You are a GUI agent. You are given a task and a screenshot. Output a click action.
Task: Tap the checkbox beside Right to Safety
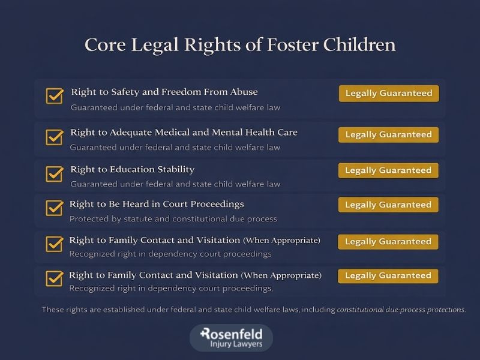(x=55, y=96)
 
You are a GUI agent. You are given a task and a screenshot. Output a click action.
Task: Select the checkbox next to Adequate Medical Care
(x=55, y=137)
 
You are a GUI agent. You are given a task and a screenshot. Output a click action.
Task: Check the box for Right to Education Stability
(x=55, y=173)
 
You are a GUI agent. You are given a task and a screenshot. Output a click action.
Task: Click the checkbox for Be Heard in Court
(x=55, y=208)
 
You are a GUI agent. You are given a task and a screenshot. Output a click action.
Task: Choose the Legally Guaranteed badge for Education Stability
(x=388, y=170)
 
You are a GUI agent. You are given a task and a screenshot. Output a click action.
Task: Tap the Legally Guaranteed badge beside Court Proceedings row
(x=388, y=205)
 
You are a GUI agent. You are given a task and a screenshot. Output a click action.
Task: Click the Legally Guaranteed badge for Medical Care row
(x=388, y=135)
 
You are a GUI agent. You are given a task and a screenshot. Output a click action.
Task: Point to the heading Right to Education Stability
(x=132, y=170)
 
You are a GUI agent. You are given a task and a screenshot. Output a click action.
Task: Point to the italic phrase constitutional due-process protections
(x=400, y=310)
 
